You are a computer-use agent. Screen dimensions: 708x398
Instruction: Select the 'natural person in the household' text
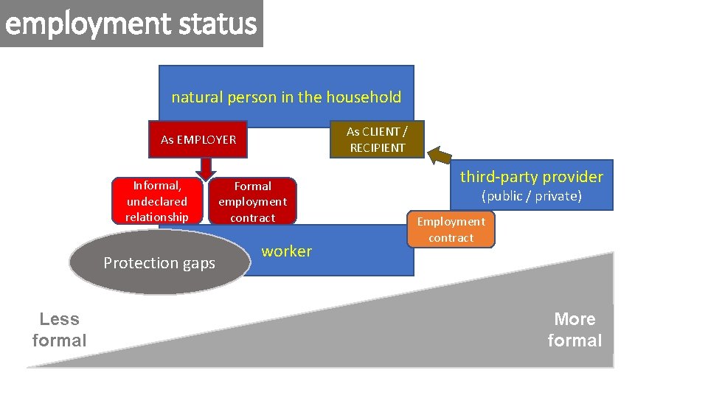point(286,97)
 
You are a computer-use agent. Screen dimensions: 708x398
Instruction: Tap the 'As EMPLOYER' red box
point(198,139)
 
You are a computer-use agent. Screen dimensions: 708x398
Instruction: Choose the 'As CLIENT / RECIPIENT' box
point(377,139)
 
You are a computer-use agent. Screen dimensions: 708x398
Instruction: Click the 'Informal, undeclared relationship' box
point(156,201)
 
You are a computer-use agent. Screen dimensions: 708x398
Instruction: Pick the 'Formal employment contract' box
point(252,202)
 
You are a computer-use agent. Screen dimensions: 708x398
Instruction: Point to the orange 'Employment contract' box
point(451,229)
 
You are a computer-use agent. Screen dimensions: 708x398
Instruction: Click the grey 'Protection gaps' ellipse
point(159,263)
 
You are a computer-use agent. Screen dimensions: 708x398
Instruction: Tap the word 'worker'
point(286,251)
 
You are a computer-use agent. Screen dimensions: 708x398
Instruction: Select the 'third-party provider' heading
point(531,177)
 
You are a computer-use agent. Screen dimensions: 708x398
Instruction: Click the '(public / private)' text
point(531,196)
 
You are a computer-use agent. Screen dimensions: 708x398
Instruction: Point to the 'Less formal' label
point(59,329)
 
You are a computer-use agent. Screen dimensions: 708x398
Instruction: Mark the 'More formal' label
point(575,329)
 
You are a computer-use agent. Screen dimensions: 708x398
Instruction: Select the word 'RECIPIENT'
point(377,147)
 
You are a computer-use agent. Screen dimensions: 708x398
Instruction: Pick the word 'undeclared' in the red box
point(156,201)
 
